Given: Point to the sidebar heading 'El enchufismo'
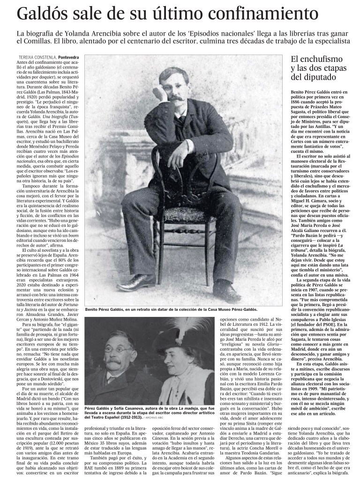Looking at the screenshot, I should (317, 60).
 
